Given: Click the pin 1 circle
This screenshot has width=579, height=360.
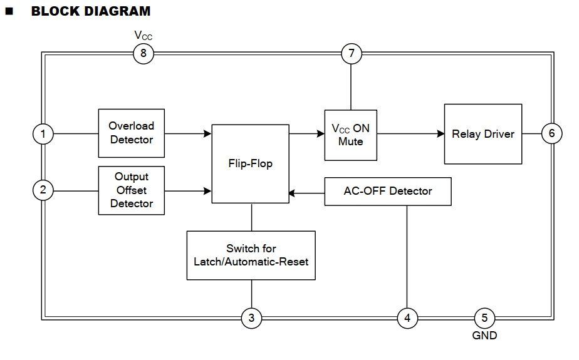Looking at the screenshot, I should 43,134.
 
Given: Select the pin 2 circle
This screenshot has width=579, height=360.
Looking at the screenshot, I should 43,190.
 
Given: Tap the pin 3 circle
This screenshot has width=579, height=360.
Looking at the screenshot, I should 251,318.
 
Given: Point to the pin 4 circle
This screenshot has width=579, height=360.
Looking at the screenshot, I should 407,318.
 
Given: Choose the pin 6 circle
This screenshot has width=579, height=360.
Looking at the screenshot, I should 551,133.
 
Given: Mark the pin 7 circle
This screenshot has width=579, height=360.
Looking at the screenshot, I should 352,54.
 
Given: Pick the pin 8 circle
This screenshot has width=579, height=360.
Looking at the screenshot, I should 143,54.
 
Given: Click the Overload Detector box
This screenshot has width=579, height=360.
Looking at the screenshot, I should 132,133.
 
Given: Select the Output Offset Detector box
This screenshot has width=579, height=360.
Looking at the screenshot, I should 132,190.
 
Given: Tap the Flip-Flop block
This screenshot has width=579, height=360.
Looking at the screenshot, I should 250,164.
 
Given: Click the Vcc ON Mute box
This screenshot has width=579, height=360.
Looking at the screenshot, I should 350,135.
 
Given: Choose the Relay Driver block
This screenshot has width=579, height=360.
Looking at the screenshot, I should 482,134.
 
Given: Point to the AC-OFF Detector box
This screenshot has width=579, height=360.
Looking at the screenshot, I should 387,191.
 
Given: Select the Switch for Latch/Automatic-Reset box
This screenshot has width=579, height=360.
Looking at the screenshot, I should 251,255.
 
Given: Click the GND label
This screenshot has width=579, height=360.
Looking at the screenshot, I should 484,336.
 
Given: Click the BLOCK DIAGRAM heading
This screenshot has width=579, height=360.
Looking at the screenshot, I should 90,11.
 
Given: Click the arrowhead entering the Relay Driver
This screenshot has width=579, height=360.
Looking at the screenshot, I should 439,133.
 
